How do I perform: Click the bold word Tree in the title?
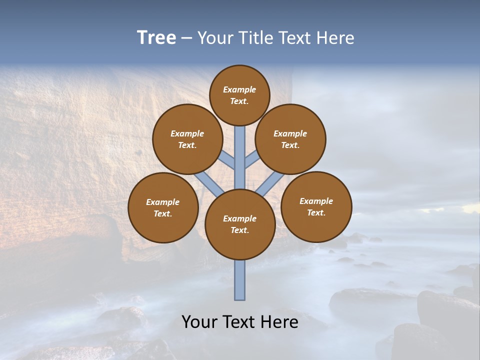tap(156, 37)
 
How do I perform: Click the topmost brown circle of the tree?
tap(239, 95)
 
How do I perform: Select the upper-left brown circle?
tap(187, 139)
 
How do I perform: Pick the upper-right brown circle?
tap(290, 139)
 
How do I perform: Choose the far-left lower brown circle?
tap(163, 207)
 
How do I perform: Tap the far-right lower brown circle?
tap(316, 206)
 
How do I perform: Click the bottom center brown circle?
tap(240, 224)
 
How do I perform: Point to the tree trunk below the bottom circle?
tap(240, 280)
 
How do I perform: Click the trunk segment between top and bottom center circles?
tap(240, 157)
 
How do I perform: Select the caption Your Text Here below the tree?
tap(240, 322)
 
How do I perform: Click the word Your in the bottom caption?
tap(199, 322)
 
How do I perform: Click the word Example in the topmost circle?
tap(239, 89)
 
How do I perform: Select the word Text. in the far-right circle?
tap(316, 212)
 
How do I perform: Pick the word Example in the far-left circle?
tap(163, 202)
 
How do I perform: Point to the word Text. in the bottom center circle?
tap(239, 230)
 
